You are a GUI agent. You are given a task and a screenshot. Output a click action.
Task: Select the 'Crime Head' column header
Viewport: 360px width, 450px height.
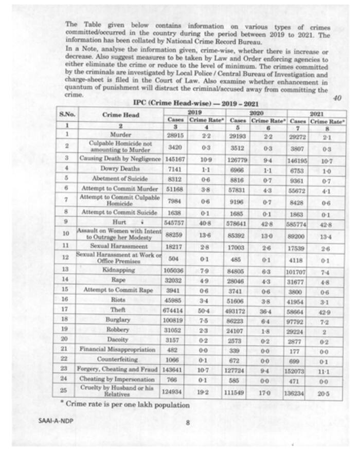[121, 115]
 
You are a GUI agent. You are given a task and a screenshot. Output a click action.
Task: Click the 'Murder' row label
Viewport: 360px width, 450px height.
[121, 134]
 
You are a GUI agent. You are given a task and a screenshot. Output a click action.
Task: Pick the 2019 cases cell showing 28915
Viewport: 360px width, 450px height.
[176, 134]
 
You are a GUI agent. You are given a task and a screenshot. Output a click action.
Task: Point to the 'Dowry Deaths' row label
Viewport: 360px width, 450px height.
[121, 168]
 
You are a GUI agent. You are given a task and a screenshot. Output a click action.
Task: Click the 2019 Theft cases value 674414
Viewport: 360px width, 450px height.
[176, 310]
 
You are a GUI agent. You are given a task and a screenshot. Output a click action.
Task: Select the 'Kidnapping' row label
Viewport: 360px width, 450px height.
[121, 269]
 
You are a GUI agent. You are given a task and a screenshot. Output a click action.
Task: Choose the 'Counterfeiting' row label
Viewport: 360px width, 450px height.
[121, 358]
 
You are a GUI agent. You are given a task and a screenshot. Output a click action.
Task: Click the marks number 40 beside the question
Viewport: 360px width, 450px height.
[337, 98]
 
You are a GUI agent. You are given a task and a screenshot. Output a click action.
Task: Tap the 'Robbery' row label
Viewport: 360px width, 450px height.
[121, 329]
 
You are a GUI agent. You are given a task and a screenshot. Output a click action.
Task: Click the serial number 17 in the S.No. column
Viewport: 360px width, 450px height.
[67, 310]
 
